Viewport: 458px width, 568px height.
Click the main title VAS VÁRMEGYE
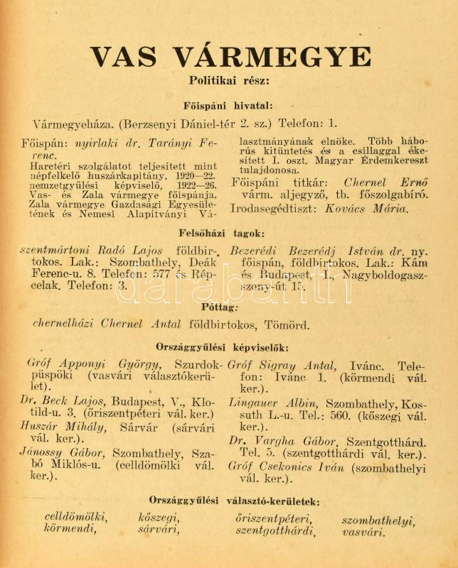[230, 56]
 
